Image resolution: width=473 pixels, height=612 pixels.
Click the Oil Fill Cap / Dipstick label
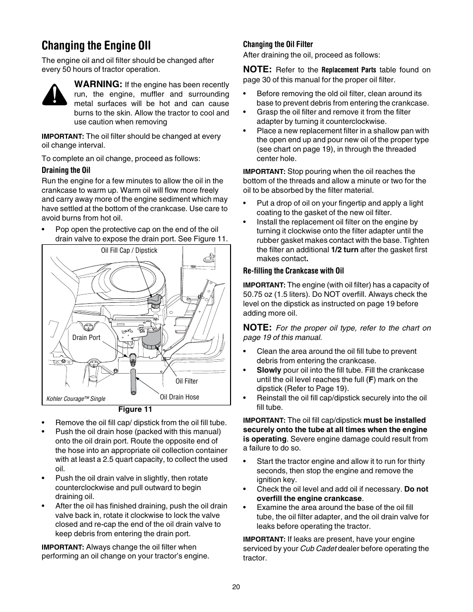(129, 251)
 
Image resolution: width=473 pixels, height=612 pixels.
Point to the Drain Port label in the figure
(86, 337)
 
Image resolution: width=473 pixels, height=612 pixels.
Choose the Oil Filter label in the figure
(186, 381)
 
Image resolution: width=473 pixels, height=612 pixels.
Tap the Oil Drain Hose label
(179, 397)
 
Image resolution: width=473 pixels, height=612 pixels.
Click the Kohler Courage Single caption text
(76, 398)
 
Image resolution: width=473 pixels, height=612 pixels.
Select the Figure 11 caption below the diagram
(134, 409)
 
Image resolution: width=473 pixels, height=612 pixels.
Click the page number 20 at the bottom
(236, 587)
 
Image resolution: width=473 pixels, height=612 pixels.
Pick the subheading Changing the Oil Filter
(278, 45)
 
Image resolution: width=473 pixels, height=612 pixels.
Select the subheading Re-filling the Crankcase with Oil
(293, 271)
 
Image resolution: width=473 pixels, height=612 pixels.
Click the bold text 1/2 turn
(345, 250)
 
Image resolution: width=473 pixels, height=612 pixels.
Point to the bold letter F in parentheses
(371, 380)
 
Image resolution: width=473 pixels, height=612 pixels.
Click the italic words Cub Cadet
(318, 549)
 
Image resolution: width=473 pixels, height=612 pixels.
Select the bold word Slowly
(269, 370)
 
